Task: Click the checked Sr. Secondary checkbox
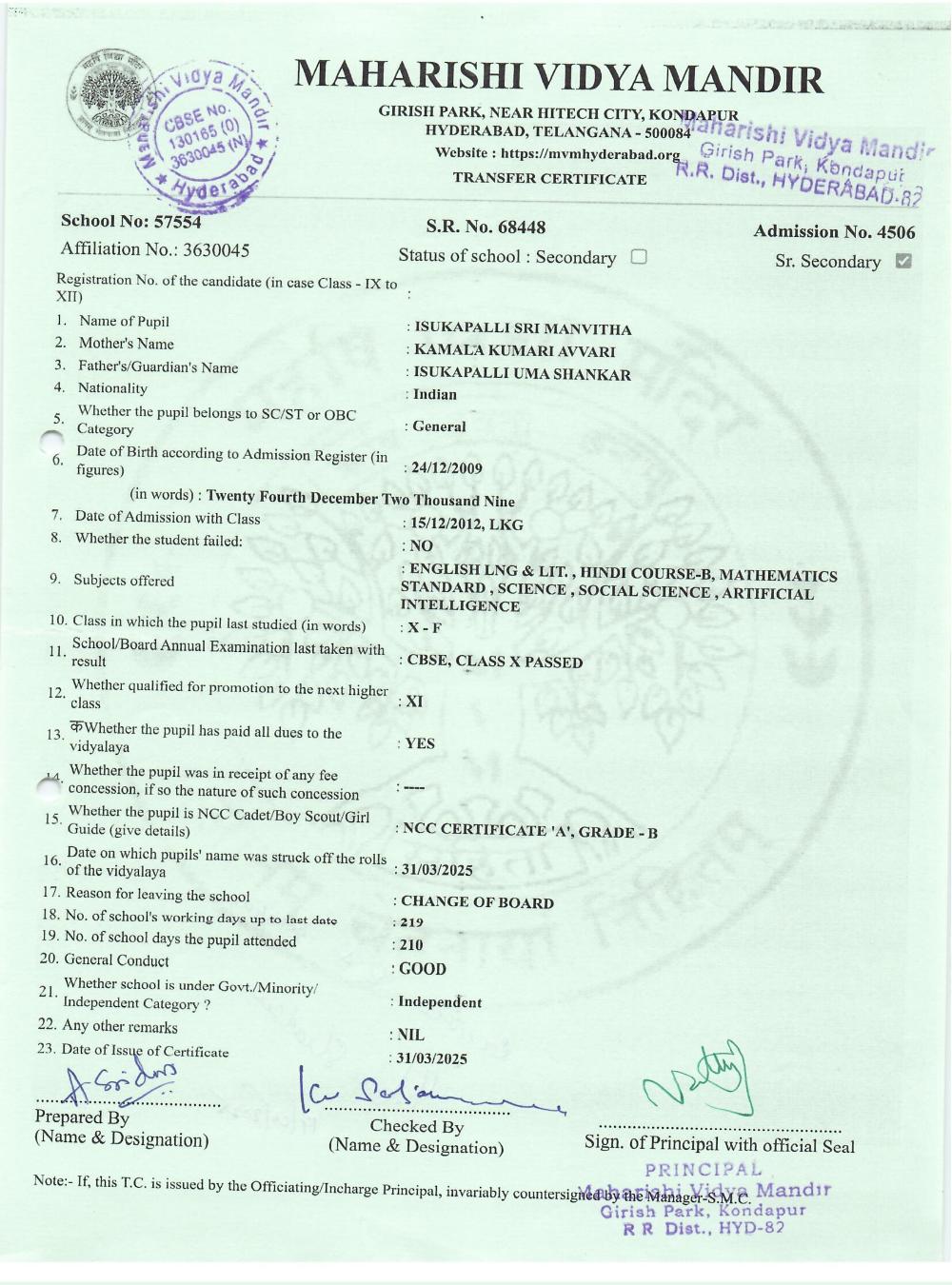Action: pos(903,261)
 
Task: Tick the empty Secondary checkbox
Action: pos(639,256)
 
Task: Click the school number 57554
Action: pos(172,222)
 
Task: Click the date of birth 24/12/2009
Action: pos(447,468)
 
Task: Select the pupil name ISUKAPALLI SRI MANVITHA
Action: pos(523,329)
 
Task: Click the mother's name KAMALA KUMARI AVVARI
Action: pos(514,351)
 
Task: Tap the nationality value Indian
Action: pos(435,394)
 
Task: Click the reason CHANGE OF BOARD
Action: pos(477,902)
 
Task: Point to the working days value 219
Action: pos(411,922)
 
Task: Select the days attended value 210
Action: pos(411,945)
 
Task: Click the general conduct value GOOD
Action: pos(423,969)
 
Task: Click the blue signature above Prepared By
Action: pos(124,1082)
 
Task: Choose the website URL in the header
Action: pos(590,154)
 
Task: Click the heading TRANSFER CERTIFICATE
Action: pos(549,178)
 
